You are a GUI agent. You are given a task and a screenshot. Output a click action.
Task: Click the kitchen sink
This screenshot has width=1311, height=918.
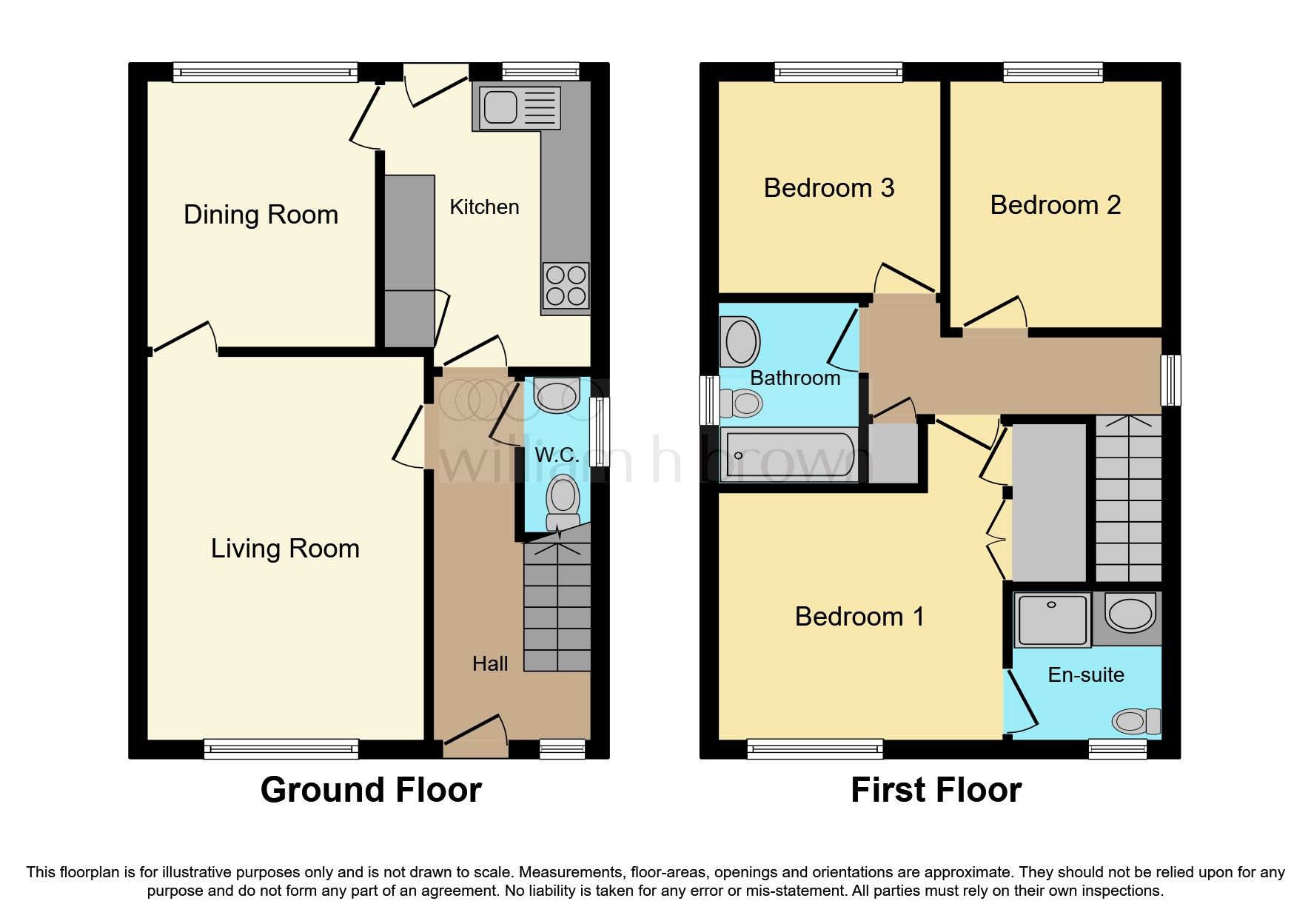501,108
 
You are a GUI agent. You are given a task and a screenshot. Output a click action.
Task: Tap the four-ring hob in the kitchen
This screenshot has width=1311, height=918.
566,287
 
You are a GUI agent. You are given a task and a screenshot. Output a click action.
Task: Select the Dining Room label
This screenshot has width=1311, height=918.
261,215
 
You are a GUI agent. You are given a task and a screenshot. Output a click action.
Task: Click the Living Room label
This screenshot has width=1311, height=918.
285,549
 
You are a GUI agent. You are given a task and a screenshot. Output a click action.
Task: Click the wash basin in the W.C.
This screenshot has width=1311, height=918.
556,395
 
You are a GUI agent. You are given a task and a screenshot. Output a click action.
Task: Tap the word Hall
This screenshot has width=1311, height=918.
490,663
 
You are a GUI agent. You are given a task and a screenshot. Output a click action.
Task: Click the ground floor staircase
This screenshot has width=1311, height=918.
557,607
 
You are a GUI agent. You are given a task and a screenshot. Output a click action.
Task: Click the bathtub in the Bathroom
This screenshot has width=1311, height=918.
789,455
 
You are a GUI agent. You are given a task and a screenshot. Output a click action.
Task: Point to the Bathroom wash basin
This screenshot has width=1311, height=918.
740,342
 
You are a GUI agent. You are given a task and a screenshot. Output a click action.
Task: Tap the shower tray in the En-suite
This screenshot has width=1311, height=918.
1052,619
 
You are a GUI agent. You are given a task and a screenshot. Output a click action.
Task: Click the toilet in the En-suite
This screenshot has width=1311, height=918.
1136,720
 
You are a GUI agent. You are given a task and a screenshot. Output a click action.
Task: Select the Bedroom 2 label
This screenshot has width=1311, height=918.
1055,205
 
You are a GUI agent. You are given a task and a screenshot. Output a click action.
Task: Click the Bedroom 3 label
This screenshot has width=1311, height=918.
828,188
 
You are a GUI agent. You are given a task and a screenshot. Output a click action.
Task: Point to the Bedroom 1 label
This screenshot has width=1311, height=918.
859,617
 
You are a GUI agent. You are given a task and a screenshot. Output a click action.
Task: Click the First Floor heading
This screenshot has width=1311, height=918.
936,790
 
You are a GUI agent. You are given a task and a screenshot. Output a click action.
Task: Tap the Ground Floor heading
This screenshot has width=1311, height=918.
371,790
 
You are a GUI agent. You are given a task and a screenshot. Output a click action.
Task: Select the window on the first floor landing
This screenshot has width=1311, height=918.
1170,380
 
